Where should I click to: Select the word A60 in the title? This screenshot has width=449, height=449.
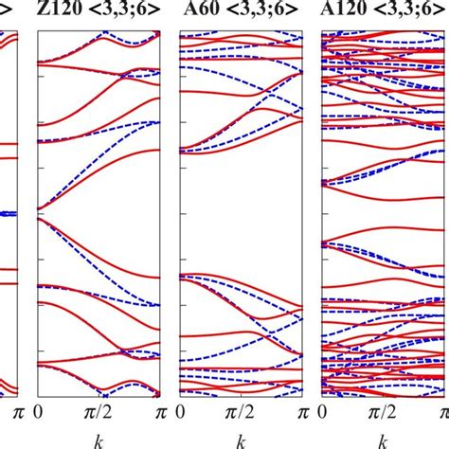(198, 12)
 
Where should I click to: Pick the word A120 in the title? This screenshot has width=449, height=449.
(345, 12)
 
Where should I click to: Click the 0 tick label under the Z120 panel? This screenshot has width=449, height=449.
(38, 412)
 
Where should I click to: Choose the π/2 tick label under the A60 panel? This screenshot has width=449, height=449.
(242, 412)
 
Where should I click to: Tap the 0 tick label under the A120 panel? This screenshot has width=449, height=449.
(325, 412)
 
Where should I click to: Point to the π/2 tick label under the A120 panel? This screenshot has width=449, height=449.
(385, 412)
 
